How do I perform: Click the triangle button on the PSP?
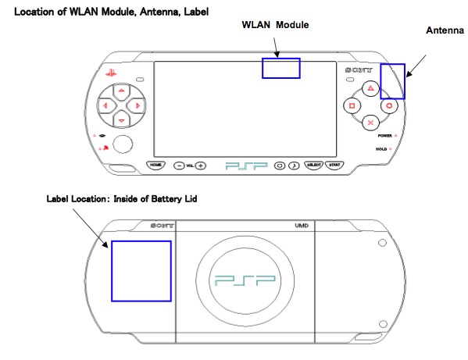coord(370,88)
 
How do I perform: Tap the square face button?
coord(352,105)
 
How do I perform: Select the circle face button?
coord(389,105)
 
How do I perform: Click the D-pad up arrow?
coord(121,91)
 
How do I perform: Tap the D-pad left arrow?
coord(105,105)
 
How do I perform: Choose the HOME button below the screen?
coord(155,166)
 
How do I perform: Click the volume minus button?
coord(179,166)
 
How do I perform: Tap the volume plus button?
coord(201,166)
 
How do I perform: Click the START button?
coord(334,166)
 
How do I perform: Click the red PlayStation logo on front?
coord(111,73)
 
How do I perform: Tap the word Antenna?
coord(445,30)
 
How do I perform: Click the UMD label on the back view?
coord(302,226)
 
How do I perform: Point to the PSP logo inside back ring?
coord(245,280)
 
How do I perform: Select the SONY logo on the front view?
coord(359,70)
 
